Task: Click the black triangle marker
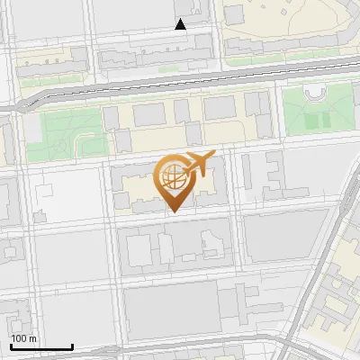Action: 181,24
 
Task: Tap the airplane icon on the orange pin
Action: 199,163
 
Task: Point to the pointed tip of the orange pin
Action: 173,210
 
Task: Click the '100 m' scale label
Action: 23,338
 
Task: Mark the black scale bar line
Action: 41,346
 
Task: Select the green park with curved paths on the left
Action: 67,130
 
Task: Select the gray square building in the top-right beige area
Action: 234,14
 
